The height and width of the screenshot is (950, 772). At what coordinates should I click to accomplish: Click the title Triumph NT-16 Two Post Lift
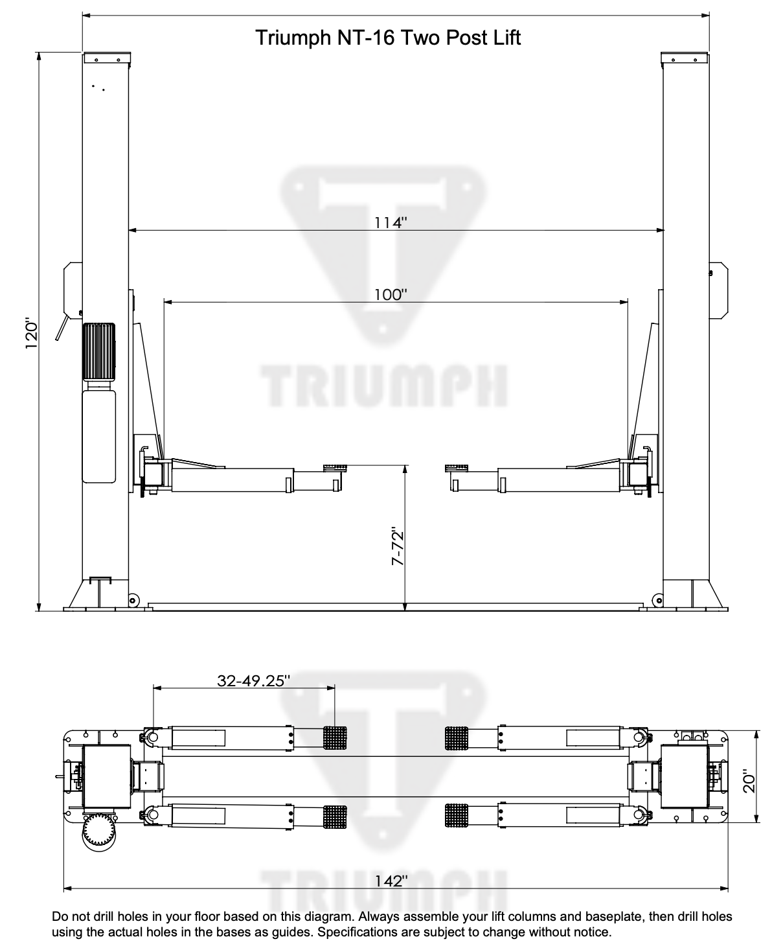click(x=388, y=37)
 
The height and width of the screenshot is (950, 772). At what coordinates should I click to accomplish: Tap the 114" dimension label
click(x=391, y=222)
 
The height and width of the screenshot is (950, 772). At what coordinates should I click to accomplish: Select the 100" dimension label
click(x=391, y=294)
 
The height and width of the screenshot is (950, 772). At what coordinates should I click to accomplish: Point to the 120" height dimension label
click(x=32, y=334)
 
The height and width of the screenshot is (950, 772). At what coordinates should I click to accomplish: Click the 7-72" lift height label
click(x=398, y=548)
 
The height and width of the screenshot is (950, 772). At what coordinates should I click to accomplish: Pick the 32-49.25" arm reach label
click(x=253, y=680)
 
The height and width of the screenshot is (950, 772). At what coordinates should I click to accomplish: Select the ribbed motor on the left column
click(x=98, y=352)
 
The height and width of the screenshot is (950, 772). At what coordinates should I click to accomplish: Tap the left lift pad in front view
click(x=334, y=467)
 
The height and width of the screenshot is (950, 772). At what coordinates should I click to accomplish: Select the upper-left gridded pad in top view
click(x=335, y=737)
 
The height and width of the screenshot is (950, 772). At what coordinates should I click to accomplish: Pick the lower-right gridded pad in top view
click(x=457, y=814)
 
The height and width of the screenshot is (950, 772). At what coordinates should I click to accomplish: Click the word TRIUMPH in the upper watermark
click(x=383, y=385)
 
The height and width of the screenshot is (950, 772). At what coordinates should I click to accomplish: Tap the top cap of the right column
click(x=686, y=58)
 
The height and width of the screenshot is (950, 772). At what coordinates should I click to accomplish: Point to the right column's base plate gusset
click(x=712, y=593)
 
